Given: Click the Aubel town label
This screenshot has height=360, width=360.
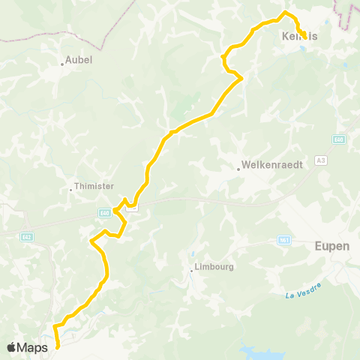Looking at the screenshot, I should (x=79, y=59).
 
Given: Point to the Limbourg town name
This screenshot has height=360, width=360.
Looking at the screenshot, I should (x=214, y=266).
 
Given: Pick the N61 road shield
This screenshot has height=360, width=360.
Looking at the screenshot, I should (x=283, y=241).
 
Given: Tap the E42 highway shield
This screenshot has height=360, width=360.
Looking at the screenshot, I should (x=27, y=236).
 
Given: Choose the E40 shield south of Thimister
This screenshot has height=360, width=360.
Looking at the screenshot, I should (x=103, y=213).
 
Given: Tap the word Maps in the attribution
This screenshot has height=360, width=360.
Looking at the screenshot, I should (x=33, y=347).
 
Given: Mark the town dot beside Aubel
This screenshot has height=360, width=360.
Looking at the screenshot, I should (x=63, y=64).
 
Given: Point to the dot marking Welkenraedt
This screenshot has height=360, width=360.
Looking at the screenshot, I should (x=238, y=169).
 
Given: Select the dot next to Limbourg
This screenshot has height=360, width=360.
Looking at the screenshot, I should (x=191, y=271).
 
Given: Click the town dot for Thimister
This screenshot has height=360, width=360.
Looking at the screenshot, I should (x=70, y=190).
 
